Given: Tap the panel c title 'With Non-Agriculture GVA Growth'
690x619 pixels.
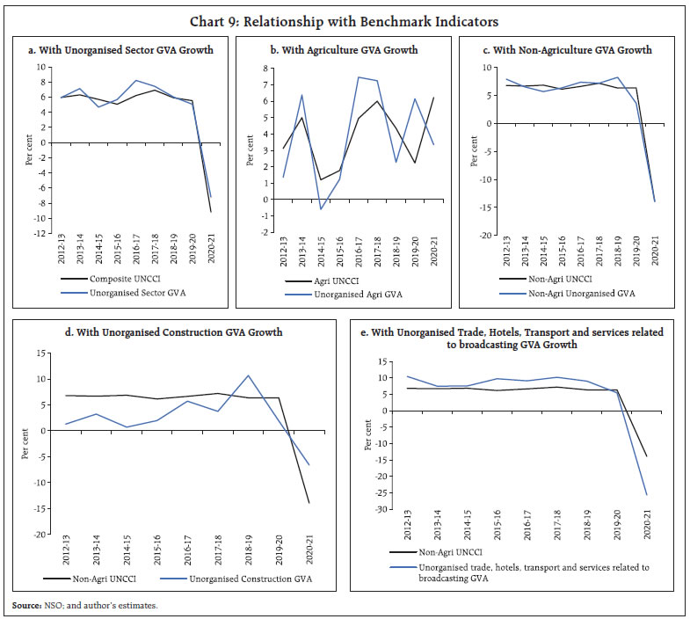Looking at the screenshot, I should pos(568,50).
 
